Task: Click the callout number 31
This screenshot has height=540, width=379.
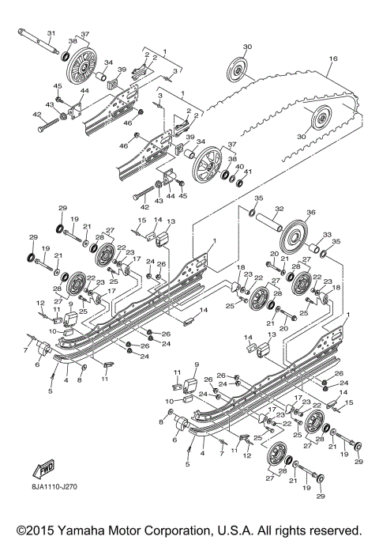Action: point(51,32)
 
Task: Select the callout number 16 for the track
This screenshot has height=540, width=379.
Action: point(333,59)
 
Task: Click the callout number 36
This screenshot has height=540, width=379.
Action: point(310,212)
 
